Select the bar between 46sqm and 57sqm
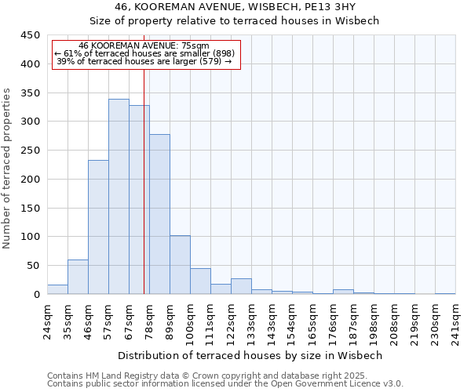pyautogui.click(x=98, y=227)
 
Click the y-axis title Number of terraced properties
pyautogui.click(x=7, y=169)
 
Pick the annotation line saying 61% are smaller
pyautogui.click(x=144, y=53)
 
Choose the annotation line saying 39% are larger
pyautogui.click(x=144, y=61)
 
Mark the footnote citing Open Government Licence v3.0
pyautogui.click(x=225, y=384)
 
